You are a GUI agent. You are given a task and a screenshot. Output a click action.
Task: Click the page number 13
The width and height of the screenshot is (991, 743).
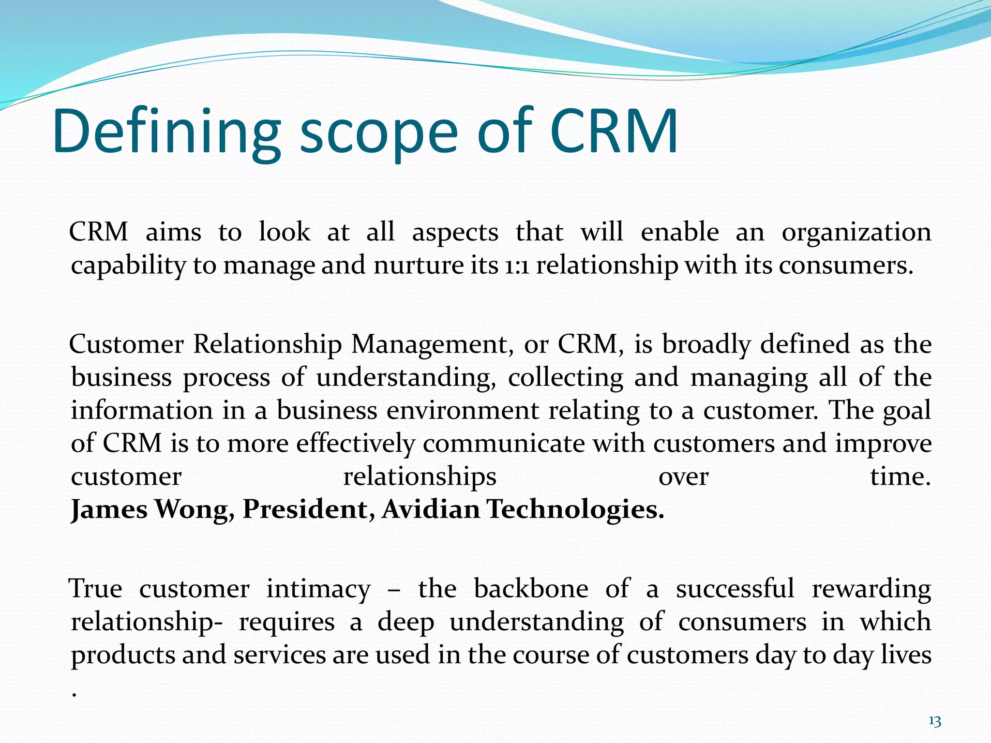click(x=935, y=722)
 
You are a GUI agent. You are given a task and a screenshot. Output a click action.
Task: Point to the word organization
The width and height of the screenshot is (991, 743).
click(x=856, y=233)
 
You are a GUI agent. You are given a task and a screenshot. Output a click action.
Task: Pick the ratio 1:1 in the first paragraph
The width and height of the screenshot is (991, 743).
click(x=517, y=266)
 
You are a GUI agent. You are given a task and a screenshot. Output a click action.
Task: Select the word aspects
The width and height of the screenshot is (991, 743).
click(x=455, y=233)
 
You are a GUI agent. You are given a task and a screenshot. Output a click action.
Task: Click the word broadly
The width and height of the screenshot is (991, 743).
click(x=706, y=345)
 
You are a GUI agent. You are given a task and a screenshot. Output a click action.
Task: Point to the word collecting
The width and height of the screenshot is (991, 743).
click(x=565, y=378)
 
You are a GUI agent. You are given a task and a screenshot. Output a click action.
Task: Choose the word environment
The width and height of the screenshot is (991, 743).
click(x=463, y=411)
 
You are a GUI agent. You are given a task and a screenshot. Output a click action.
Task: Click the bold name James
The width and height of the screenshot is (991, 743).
click(x=109, y=510)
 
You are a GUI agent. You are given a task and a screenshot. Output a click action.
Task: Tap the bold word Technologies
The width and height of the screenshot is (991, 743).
click(x=575, y=510)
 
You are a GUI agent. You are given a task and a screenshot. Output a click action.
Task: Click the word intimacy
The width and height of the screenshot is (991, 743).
click(x=318, y=590)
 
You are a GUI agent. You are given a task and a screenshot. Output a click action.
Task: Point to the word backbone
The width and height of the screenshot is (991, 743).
click(x=531, y=590)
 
